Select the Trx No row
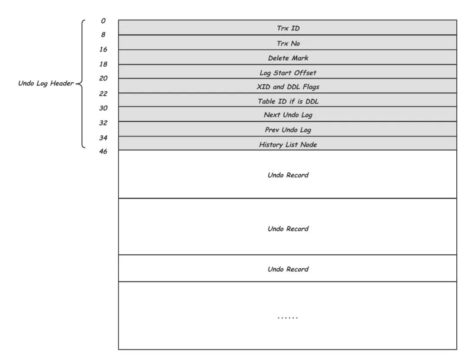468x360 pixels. [288, 43]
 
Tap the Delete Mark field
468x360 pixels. [288, 58]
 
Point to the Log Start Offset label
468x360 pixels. [288, 72]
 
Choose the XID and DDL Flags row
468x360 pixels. [288, 87]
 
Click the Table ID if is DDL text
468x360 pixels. [288, 101]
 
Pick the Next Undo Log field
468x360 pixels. [288, 115]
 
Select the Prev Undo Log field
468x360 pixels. [288, 130]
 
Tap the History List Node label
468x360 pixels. [288, 145]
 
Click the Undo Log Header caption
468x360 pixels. [46, 83]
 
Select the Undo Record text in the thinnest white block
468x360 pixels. [288, 269]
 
